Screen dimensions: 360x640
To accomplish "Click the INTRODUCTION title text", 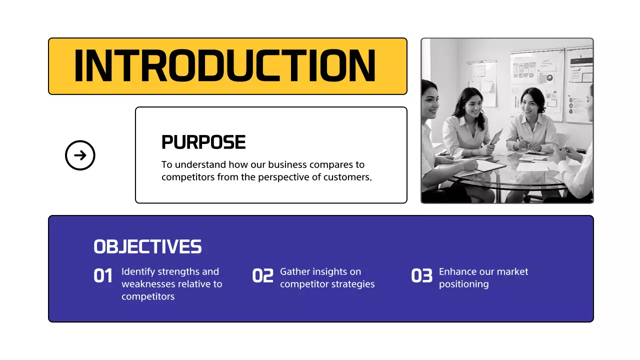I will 225,65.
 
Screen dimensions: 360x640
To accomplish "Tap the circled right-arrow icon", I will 80,155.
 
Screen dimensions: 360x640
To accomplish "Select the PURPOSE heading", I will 203,142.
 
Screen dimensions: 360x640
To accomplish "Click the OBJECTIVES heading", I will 147,246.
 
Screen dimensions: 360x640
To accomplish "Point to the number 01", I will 103,276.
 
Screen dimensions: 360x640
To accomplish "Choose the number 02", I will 262,276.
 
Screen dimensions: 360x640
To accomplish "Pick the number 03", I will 421,276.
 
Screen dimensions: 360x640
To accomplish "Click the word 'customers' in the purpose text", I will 350,177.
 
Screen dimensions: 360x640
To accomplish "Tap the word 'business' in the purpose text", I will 287,164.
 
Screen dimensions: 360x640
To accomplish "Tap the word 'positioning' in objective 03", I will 463,284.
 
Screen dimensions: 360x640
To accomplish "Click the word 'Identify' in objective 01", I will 138,272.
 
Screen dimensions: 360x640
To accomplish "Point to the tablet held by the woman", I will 496,136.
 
